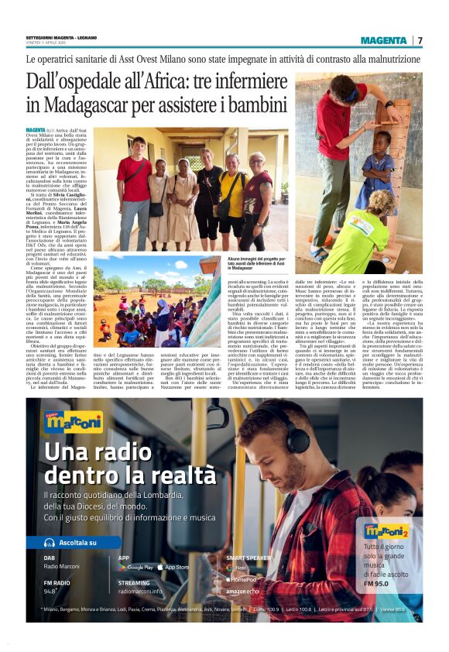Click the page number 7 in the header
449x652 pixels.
click(420, 40)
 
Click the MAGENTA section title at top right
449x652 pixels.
click(384, 40)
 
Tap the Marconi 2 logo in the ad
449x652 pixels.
click(386, 531)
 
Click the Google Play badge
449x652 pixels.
click(135, 568)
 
